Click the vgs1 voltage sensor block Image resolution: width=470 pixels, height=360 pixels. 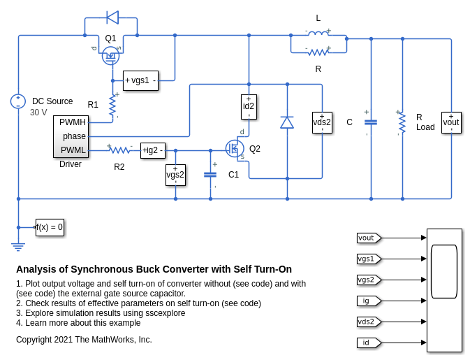[140, 80]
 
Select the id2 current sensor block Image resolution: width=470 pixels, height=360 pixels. [249, 106]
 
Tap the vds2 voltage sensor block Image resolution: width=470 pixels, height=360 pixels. [322, 122]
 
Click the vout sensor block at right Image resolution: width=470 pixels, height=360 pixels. [451, 122]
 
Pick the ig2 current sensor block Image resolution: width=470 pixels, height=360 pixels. [153, 150]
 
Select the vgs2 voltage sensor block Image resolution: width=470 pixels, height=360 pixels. [175, 175]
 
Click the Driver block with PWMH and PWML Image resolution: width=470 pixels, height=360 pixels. [71, 136]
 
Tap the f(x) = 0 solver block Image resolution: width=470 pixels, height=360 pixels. [50, 227]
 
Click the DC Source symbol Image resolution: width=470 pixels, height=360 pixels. [18, 101]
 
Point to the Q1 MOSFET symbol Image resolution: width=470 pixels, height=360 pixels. [110, 56]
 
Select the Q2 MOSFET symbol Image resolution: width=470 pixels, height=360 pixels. [234, 148]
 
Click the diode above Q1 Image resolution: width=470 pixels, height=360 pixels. [112, 17]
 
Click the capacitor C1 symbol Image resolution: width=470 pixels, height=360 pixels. [210, 174]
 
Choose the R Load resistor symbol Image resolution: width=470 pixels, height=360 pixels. [402, 122]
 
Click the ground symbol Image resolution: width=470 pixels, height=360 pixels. [18, 245]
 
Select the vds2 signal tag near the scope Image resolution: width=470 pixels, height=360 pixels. [368, 322]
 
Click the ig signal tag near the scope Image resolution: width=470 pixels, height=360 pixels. [368, 301]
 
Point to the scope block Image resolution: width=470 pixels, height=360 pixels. [444, 290]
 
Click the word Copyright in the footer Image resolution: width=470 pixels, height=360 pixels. [36, 340]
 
